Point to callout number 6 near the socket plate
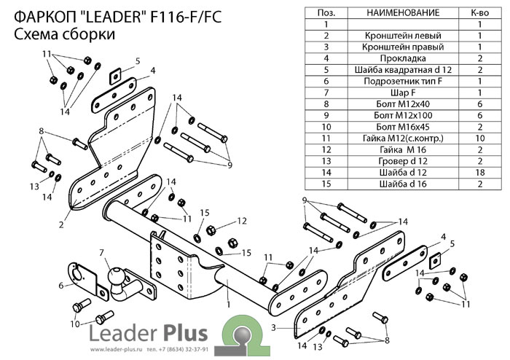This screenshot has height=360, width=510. (x=60, y=285)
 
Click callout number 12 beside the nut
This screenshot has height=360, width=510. (x=243, y=220)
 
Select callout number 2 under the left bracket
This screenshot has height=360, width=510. (x=61, y=225)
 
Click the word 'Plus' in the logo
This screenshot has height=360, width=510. (x=179, y=333)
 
